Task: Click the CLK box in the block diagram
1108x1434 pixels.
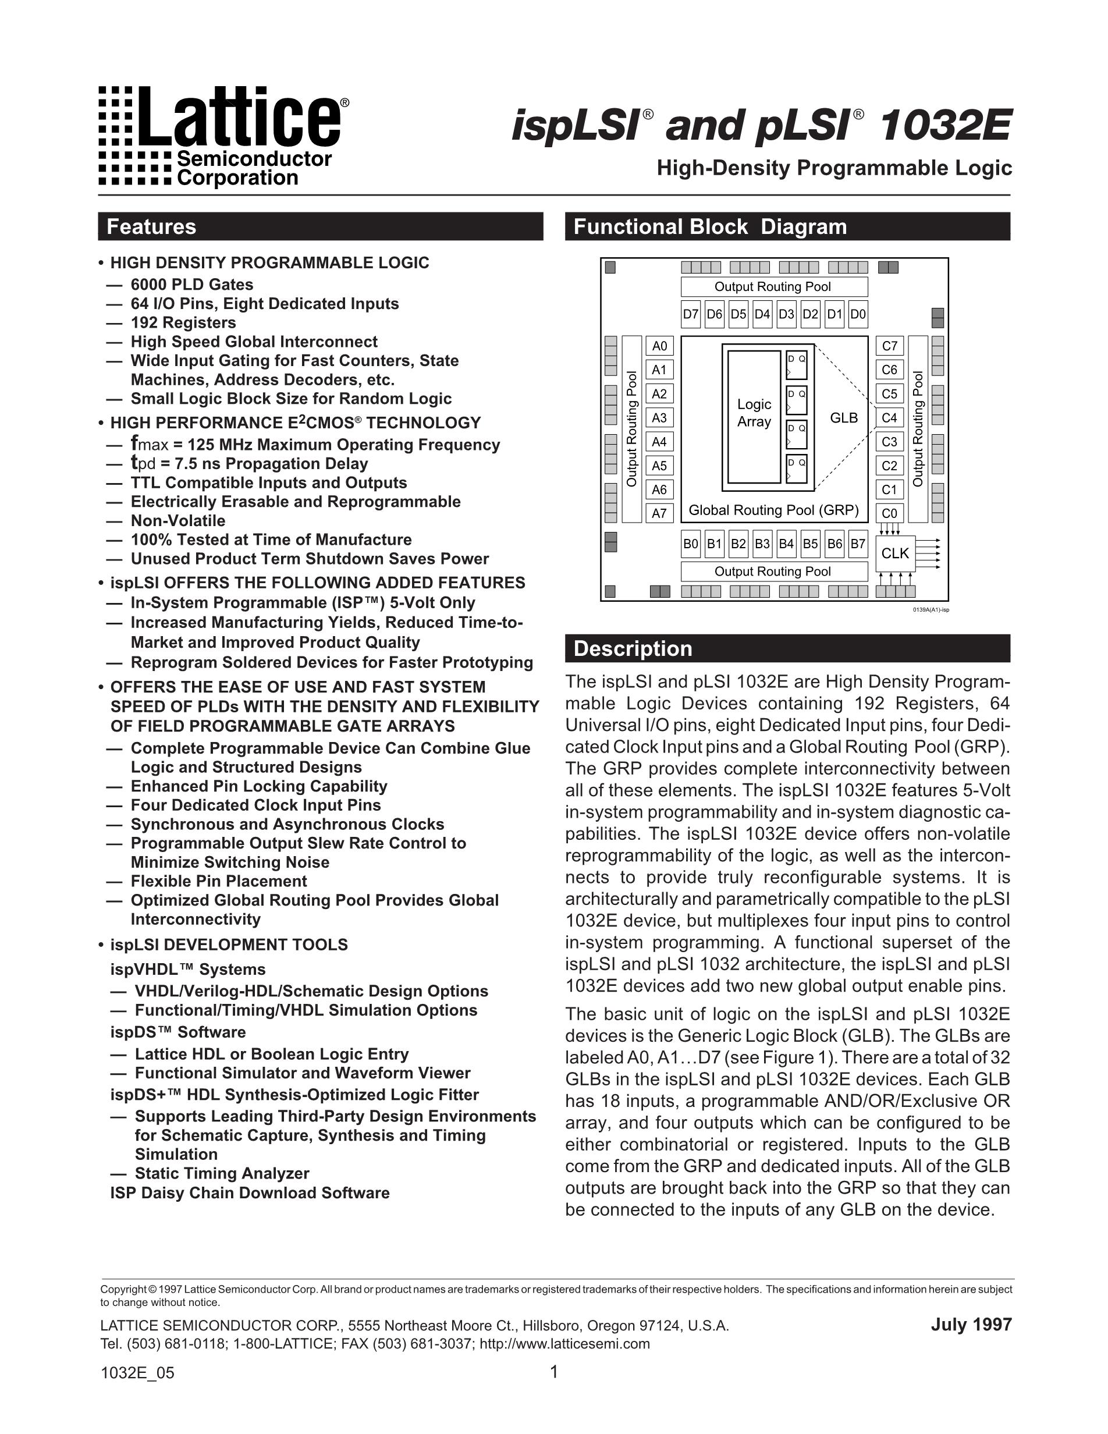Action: (x=894, y=553)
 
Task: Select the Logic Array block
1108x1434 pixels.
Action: (x=754, y=413)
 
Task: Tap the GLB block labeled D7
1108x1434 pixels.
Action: (x=691, y=314)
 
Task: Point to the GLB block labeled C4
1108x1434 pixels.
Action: (x=889, y=418)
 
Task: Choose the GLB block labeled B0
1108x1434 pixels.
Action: (x=691, y=544)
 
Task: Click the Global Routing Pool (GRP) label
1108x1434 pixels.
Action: (x=773, y=510)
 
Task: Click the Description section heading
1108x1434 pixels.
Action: (x=633, y=649)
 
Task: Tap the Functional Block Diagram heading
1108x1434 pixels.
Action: (x=709, y=226)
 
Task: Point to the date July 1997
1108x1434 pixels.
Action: (x=971, y=1325)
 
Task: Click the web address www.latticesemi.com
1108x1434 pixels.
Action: (x=564, y=1343)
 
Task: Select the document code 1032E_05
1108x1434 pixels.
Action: (x=137, y=1373)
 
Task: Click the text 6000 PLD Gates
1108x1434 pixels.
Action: (x=191, y=285)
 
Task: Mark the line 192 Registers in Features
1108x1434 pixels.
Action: (x=183, y=322)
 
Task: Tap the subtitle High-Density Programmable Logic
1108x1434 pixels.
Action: (x=834, y=168)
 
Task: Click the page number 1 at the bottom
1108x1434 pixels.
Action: (x=553, y=1372)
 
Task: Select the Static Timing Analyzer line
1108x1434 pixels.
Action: (x=221, y=1173)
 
